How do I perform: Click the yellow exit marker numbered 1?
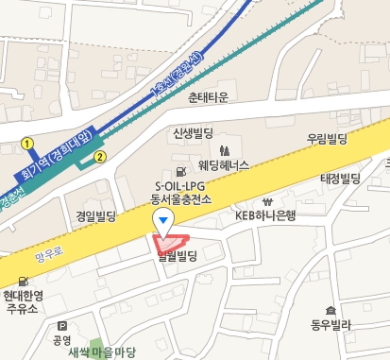(28, 144)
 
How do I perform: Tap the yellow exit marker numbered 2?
(99, 156)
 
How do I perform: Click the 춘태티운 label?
(209, 96)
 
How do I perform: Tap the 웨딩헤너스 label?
(224, 165)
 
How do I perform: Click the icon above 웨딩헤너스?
(224, 150)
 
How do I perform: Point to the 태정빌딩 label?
(341, 178)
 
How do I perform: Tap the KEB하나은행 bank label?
(265, 215)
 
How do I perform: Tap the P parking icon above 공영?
(62, 324)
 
